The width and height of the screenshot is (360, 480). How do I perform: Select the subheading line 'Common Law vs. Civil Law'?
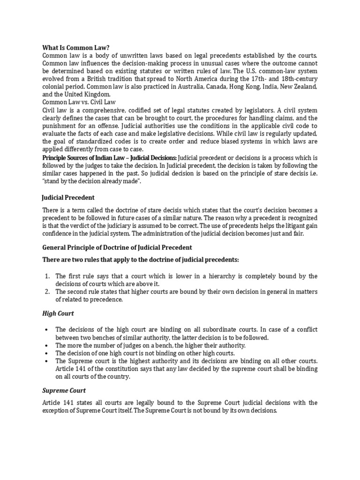pyautogui.click(x=79, y=101)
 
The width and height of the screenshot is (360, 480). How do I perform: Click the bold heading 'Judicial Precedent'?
pyautogui.click(x=68, y=197)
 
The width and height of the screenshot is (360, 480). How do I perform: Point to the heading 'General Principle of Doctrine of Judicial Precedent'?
pyautogui.click(x=117, y=247)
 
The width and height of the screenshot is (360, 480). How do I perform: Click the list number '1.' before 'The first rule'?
pyautogui.click(x=47, y=276)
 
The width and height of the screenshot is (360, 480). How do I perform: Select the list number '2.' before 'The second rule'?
pyautogui.click(x=47, y=292)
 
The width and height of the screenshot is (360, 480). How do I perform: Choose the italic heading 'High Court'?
pyautogui.click(x=58, y=313)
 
